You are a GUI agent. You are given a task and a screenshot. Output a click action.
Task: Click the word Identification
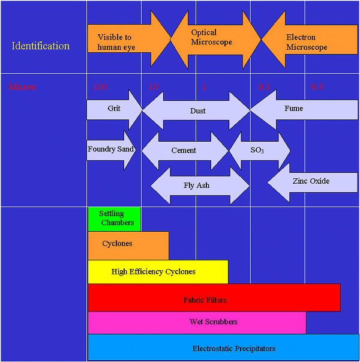pyautogui.click(x=40, y=46)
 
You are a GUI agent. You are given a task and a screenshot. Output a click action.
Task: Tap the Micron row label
pyautogui.click(x=22, y=87)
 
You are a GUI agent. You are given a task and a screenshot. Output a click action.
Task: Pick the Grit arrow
pyautogui.click(x=114, y=109)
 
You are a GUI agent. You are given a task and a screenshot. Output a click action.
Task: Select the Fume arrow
pyautogui.click(x=294, y=109)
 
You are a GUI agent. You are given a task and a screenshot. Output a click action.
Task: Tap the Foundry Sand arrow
pyautogui.click(x=110, y=149)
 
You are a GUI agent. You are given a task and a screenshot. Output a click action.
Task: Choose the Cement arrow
pyautogui.click(x=184, y=151)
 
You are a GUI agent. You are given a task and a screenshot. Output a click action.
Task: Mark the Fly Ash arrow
pyautogui.click(x=197, y=186)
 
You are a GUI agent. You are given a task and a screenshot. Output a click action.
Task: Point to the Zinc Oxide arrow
pyautogui.click(x=310, y=181)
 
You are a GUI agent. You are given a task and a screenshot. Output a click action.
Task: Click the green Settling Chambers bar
pyautogui.click(x=115, y=219)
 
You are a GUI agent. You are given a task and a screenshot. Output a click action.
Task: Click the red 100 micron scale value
pyautogui.click(x=100, y=87)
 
